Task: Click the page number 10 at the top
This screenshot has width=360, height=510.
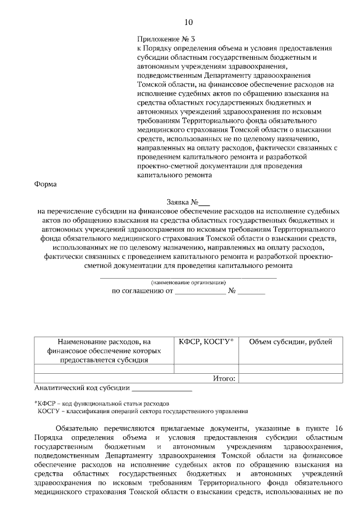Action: click(x=188, y=23)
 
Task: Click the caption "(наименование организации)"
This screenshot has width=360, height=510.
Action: click(x=188, y=282)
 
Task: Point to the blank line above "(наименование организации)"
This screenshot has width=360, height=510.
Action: click(x=188, y=277)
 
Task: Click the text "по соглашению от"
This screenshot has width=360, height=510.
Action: click(x=142, y=291)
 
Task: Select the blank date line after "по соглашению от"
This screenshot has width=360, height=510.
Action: click(x=200, y=292)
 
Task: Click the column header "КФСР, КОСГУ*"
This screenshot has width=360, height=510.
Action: click(x=206, y=342)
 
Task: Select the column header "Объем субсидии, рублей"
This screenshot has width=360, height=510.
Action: click(x=290, y=342)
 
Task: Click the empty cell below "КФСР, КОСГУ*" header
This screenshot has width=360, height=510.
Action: click(x=206, y=369)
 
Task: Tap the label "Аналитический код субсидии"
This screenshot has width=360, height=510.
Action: click(x=82, y=388)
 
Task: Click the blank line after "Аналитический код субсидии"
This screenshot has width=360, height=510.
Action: click(x=161, y=389)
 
